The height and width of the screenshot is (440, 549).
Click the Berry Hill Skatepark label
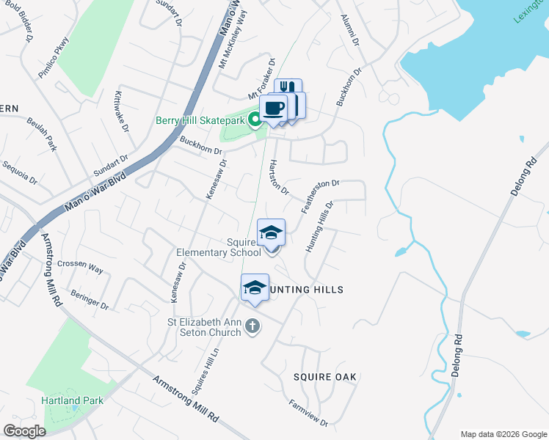199,121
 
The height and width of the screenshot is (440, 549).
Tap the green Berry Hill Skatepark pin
256,119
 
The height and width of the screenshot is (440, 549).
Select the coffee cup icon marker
273,109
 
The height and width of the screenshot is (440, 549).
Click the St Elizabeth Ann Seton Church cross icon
252,326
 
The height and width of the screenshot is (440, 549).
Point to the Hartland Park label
72,400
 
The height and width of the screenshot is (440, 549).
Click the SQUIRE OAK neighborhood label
325,377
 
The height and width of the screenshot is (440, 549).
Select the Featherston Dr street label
320,196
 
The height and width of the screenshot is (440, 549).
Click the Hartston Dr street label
279,177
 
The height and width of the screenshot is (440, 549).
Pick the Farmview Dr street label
308,413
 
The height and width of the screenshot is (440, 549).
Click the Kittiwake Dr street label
121,111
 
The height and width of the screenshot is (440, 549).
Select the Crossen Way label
80,267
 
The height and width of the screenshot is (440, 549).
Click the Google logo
24,431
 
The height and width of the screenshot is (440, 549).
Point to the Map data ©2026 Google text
503,433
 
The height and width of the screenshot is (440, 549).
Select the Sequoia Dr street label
19,173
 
